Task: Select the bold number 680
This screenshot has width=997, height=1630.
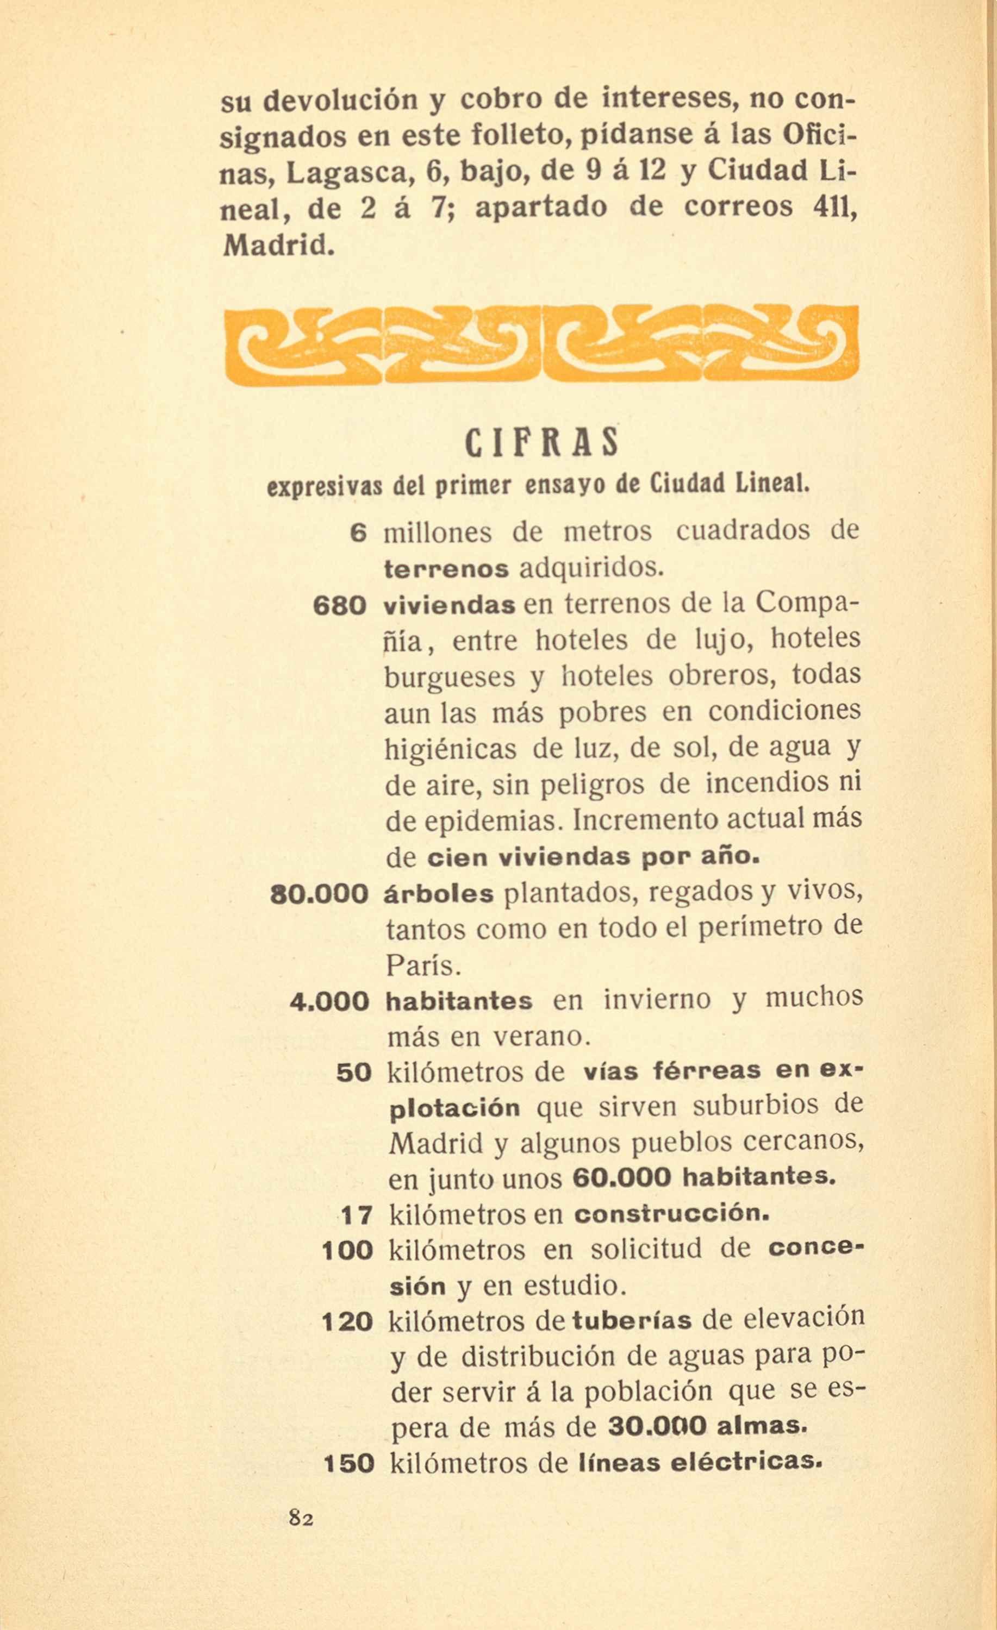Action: tap(339, 606)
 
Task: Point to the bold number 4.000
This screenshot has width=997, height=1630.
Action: tap(329, 1001)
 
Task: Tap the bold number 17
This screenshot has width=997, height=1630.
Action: tap(357, 1215)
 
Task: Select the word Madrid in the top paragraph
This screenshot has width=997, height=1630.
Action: tap(275, 246)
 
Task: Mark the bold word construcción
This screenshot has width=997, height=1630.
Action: tap(671, 1214)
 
